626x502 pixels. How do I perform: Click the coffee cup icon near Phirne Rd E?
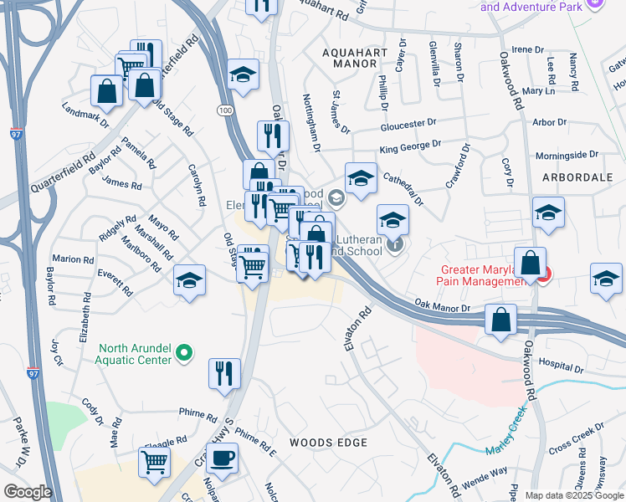coord(222,458)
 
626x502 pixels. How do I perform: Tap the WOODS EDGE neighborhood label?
coord(328,442)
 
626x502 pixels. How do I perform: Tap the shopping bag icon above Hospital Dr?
coord(500,320)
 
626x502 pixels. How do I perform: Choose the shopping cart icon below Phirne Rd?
coord(155,463)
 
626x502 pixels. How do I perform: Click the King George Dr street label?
coord(409,149)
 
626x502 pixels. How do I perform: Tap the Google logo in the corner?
coord(28,491)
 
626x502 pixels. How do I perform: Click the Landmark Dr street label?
coord(85,115)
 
